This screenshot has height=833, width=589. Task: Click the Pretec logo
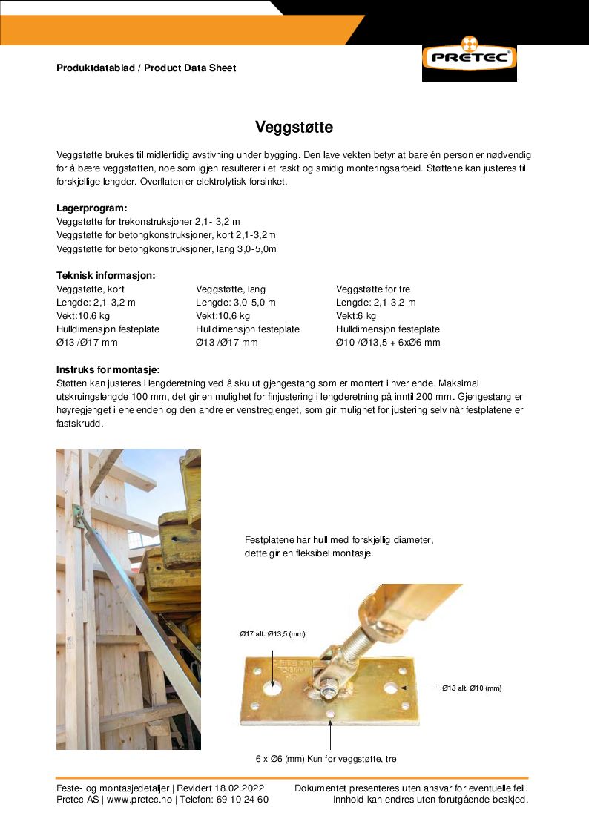469,57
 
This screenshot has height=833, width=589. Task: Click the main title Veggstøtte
294,127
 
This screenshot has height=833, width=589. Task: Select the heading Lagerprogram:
92,208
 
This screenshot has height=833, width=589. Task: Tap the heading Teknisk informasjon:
106,275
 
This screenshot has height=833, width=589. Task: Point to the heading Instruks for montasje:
108,369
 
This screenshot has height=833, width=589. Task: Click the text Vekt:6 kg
356,316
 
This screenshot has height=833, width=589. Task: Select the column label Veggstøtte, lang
231,289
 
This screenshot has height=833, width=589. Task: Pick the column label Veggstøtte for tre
373,289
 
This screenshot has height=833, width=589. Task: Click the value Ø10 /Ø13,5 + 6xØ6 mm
388,343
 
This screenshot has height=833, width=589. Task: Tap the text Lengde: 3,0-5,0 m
236,303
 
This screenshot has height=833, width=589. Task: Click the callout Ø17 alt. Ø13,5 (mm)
272,634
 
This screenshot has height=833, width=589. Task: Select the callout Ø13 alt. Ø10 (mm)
472,688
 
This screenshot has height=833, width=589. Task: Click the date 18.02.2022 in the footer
239,788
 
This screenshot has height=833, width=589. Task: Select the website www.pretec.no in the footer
139,800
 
